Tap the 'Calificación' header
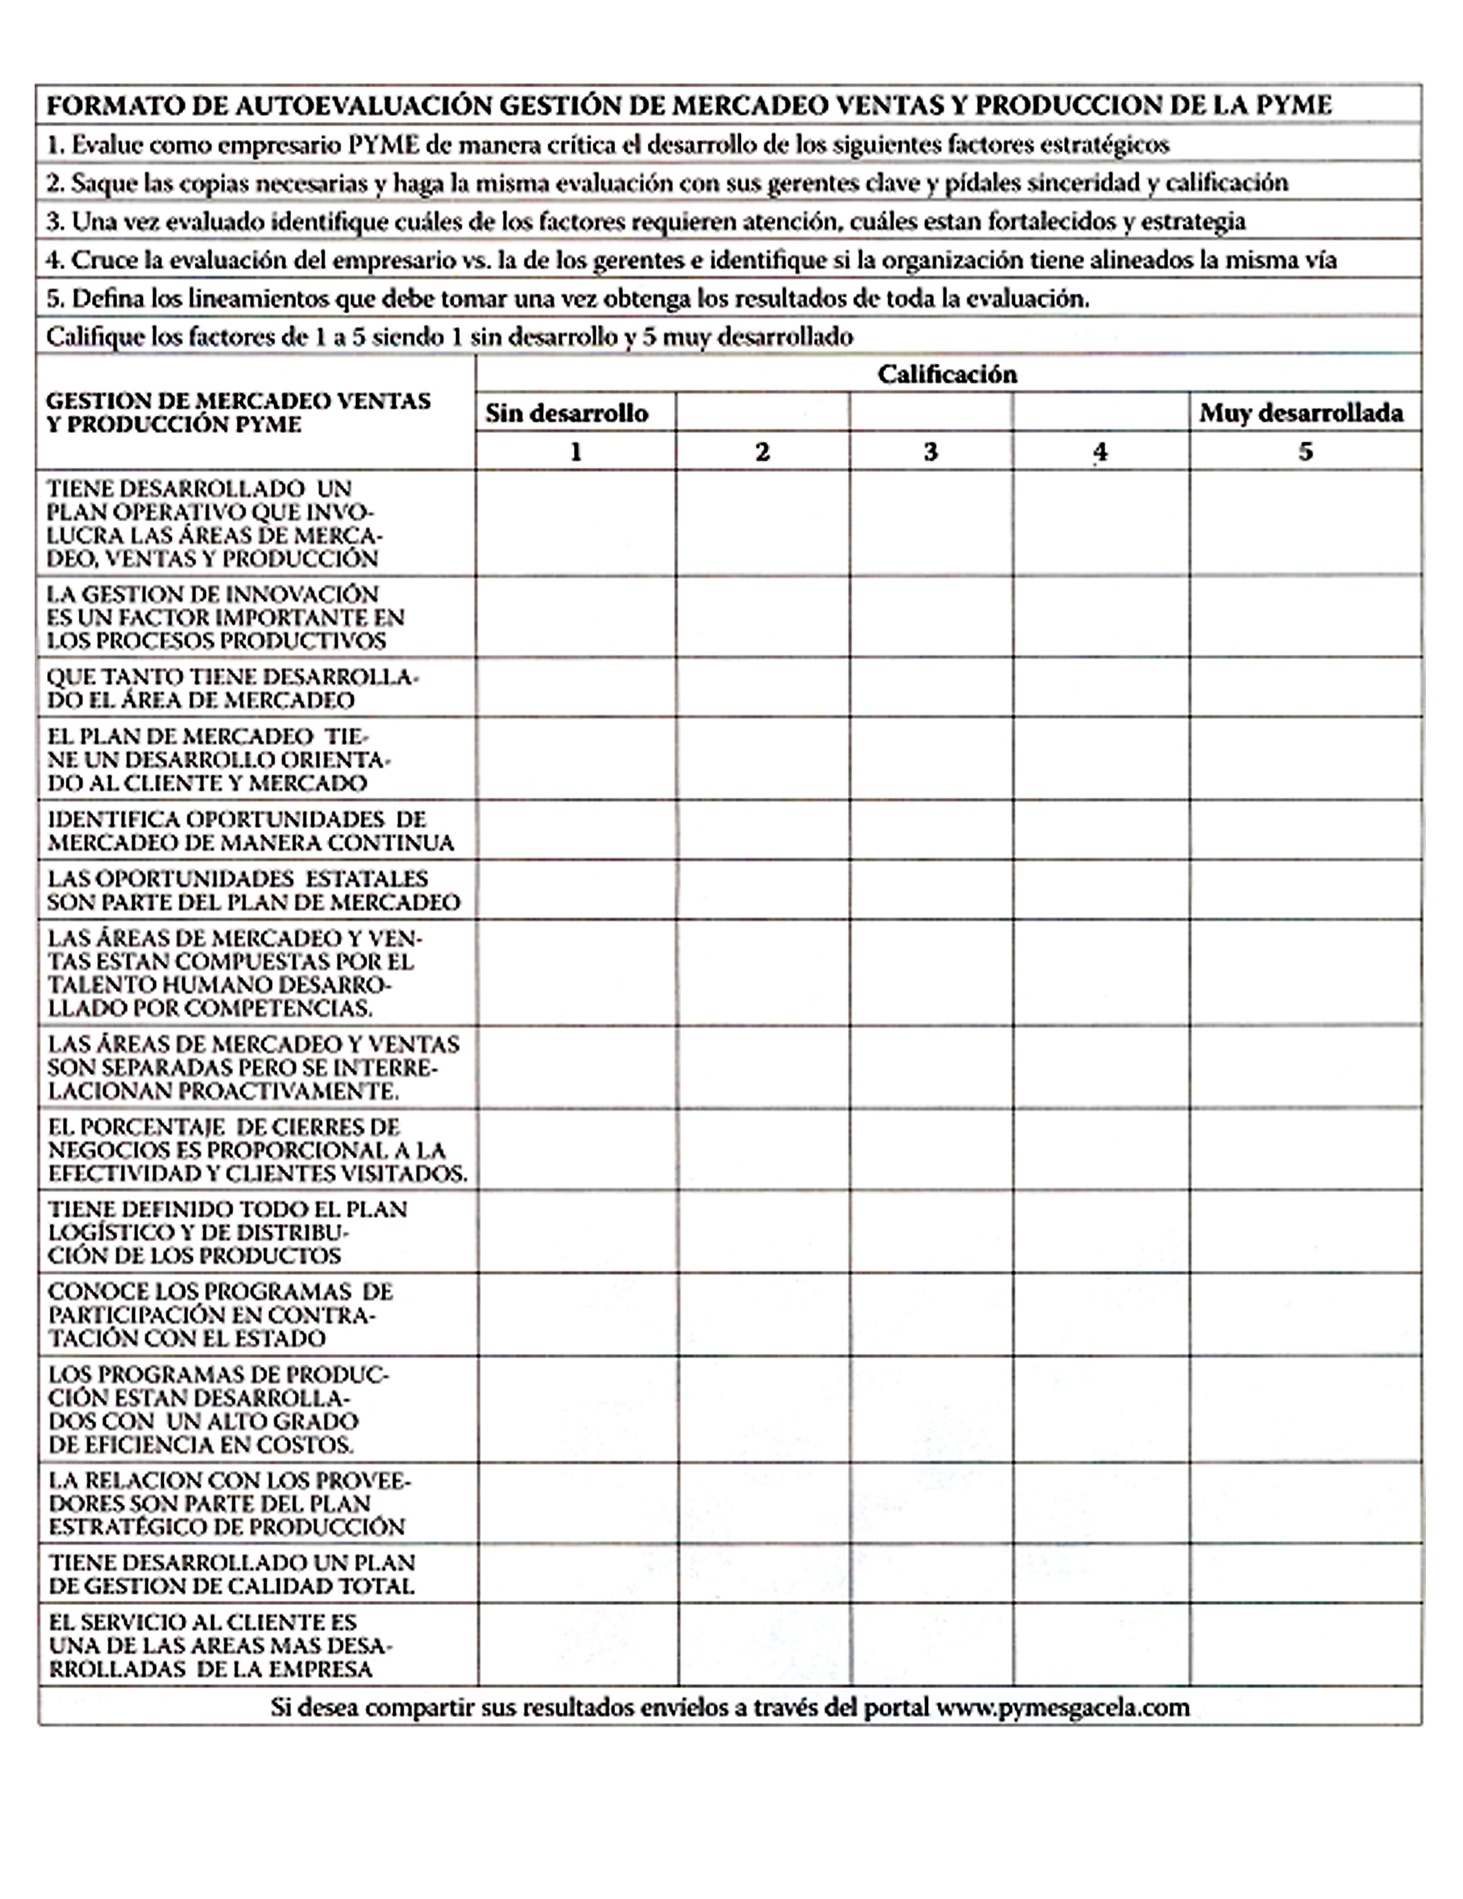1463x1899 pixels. pos(946,375)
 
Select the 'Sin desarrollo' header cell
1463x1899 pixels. pos(567,413)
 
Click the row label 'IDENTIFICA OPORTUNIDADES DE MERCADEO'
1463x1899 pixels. pos(250,831)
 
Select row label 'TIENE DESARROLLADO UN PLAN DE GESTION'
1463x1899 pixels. pos(232,1575)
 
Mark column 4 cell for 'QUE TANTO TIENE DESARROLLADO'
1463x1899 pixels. pos(1101,688)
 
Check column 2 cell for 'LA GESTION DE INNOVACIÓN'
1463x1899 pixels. pos(762,617)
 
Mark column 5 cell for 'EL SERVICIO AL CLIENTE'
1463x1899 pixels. pos(1305,1645)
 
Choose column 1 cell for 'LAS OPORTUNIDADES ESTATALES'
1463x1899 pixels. pos(575,890)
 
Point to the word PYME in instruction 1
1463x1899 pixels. pos(383,144)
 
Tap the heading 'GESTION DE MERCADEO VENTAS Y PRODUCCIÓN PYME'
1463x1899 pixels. pos(238,413)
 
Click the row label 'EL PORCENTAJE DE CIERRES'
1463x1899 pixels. pos(257,1149)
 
